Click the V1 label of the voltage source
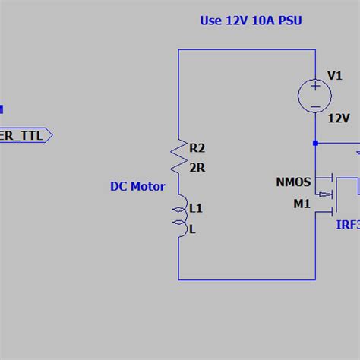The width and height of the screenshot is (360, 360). pyautogui.click(x=335, y=75)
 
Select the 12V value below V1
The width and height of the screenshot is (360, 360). pyautogui.click(x=338, y=118)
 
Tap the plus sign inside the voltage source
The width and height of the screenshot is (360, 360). pyautogui.click(x=314, y=87)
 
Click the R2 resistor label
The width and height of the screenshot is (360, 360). pyautogui.click(x=197, y=148)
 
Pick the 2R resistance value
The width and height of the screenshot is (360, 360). pyautogui.click(x=197, y=168)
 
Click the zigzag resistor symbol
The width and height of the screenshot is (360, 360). pyautogui.click(x=179, y=156)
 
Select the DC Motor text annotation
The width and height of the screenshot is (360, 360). pyautogui.click(x=137, y=186)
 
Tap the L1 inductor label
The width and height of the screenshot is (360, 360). pyautogui.click(x=196, y=207)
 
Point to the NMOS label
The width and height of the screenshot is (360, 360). pyautogui.click(x=293, y=182)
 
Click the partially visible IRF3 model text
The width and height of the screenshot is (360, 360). pyautogui.click(x=347, y=225)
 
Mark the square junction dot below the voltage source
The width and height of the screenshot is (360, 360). pyautogui.click(x=315, y=141)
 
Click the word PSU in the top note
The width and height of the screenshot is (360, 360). pyautogui.click(x=290, y=21)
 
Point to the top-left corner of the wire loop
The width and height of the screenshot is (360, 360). pyautogui.click(x=179, y=50)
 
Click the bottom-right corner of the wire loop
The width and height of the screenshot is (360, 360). pyautogui.click(x=315, y=279)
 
